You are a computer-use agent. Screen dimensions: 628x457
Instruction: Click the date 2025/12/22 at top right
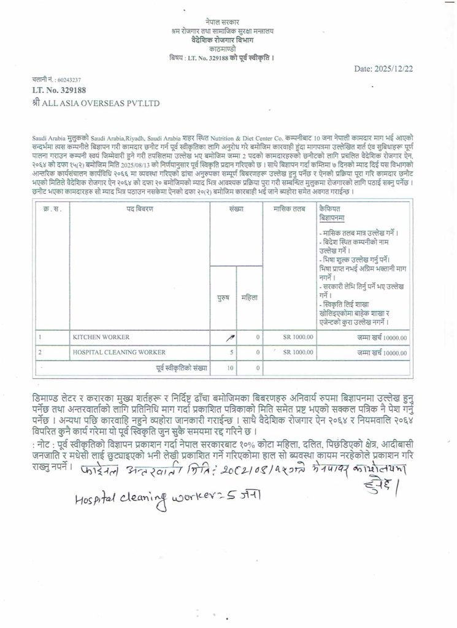click(384, 69)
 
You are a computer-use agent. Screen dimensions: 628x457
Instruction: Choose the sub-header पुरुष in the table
click(223, 297)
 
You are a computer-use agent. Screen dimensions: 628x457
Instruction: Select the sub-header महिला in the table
click(250, 297)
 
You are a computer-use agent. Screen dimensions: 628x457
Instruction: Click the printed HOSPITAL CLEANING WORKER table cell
click(119, 353)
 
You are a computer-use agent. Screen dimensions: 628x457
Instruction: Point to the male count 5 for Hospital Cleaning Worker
click(231, 353)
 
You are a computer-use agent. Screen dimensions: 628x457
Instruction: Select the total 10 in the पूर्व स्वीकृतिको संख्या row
click(230, 368)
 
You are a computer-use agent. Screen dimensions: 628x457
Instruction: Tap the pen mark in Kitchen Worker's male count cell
click(230, 337)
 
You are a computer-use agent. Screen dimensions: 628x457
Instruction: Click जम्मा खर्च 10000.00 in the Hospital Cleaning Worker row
click(383, 353)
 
